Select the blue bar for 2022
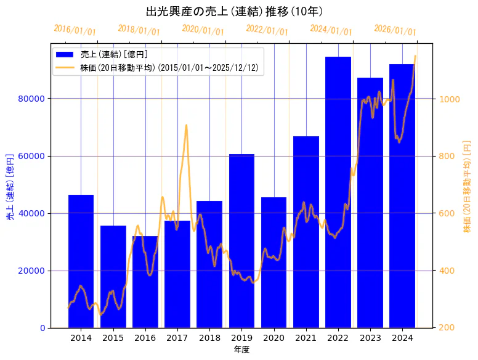pyautogui.click(x=338, y=192)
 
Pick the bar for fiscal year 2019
pyautogui.click(x=241, y=240)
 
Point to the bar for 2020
pyautogui.click(x=273, y=262)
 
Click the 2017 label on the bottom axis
pyautogui.click(x=177, y=338)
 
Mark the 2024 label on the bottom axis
pyautogui.click(x=402, y=338)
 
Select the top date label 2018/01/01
pyautogui.click(x=139, y=30)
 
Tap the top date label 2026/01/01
pyautogui.click(x=395, y=30)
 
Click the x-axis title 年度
pyautogui.click(x=241, y=350)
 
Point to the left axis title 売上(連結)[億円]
pyautogui.click(x=10, y=185)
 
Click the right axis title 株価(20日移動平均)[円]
pyautogui.click(x=466, y=185)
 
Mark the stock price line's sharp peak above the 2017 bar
pyautogui.click(x=186, y=126)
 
